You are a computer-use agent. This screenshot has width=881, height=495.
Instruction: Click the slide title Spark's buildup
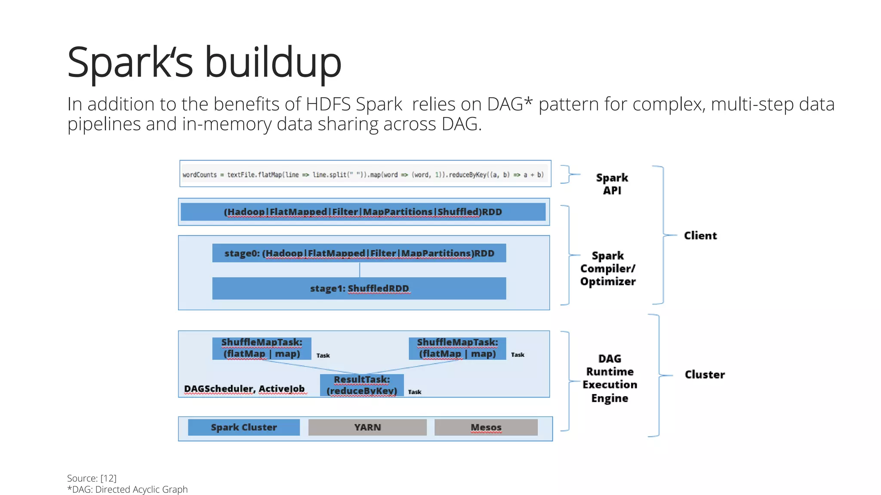pos(204,63)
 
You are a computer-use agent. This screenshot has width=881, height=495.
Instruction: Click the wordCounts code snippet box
pos(365,174)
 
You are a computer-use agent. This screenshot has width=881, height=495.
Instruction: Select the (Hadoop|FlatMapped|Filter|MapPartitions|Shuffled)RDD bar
pos(363,212)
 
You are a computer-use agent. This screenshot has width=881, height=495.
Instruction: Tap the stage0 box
pos(359,253)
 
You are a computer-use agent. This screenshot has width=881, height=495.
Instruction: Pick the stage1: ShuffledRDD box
pos(359,288)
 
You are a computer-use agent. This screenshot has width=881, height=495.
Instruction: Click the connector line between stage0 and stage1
pos(360,270)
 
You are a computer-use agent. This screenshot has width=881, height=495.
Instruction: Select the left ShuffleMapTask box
pos(262,348)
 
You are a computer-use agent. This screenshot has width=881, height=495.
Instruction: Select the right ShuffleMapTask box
pos(457,348)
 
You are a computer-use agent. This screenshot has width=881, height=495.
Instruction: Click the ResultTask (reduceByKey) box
pos(362,385)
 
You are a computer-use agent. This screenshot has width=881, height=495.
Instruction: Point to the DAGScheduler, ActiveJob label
pos(244,389)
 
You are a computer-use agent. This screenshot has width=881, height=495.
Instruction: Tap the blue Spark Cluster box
pos(243,427)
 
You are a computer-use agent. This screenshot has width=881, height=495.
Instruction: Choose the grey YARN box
pos(367,427)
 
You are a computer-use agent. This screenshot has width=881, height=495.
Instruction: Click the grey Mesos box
pos(486,427)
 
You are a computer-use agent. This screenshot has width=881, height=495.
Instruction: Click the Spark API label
pos(612,184)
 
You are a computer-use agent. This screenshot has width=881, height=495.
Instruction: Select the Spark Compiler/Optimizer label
pos(607,269)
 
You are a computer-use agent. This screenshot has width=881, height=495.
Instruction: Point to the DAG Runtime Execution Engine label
pos(610,378)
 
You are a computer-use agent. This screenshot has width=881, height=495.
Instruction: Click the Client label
pos(700,235)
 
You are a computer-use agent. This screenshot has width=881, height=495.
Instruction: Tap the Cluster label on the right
pos(704,375)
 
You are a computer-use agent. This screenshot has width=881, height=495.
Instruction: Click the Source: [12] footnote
pos(92,478)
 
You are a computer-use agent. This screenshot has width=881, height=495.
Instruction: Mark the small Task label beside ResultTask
pos(414,392)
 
